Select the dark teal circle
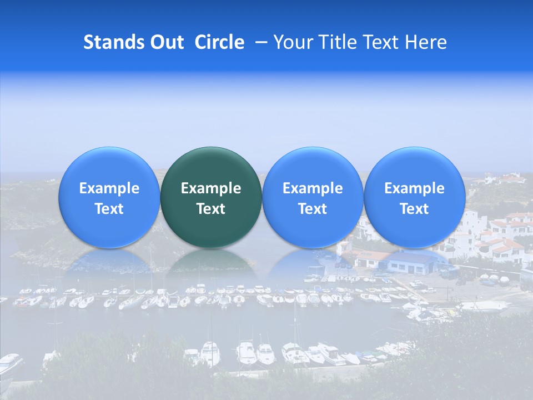click(211, 197)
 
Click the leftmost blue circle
click(109, 197)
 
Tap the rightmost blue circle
click(414, 197)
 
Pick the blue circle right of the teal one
click(313, 197)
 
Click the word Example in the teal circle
click(211, 188)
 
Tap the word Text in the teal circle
click(211, 209)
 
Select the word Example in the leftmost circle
click(109, 188)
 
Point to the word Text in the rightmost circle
click(414, 209)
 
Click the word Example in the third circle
click(313, 188)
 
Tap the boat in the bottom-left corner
click(10, 364)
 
